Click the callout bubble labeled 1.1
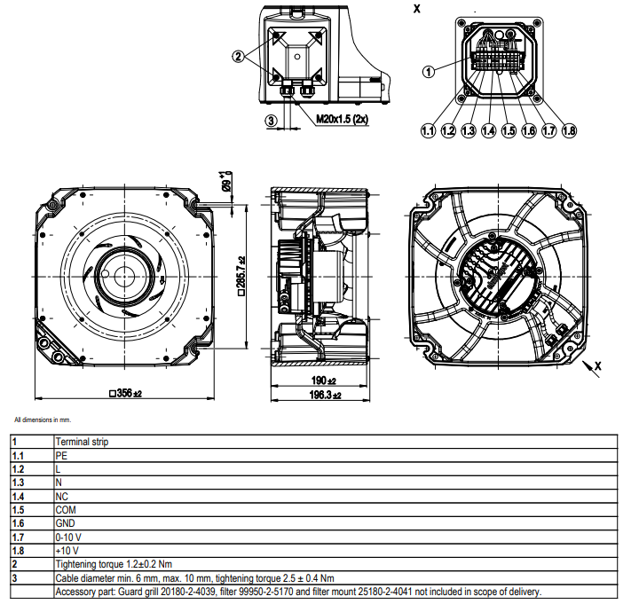click(428, 130)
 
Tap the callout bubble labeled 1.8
click(569, 130)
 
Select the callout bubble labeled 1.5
click(509, 130)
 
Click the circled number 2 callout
click(238, 56)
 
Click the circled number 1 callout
click(430, 73)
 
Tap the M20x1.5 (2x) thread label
click(343, 119)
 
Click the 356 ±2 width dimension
click(125, 392)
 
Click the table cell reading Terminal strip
click(82, 442)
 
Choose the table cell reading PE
click(61, 455)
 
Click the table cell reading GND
click(65, 522)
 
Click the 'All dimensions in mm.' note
click(43, 419)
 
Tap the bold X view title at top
click(417, 8)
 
